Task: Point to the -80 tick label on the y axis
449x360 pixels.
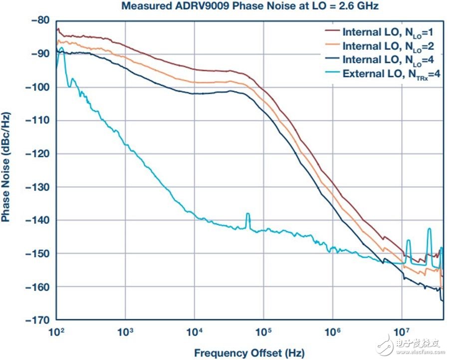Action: point(40,21)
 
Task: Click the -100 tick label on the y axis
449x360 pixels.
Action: point(38,87)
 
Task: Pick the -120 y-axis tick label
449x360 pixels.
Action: point(38,154)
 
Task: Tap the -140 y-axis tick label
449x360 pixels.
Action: point(38,220)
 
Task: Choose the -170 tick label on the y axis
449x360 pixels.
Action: point(38,320)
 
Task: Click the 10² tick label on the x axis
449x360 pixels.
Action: point(57,331)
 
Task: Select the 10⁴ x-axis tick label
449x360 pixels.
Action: point(195,331)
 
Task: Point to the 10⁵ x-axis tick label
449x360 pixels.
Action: point(263,331)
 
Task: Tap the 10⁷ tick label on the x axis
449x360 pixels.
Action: point(402,331)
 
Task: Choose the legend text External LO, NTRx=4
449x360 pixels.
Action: point(391,74)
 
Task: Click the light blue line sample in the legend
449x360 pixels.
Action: point(332,73)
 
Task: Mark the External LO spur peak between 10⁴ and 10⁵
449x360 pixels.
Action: point(247,214)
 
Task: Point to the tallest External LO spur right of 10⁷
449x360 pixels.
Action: point(429,229)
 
